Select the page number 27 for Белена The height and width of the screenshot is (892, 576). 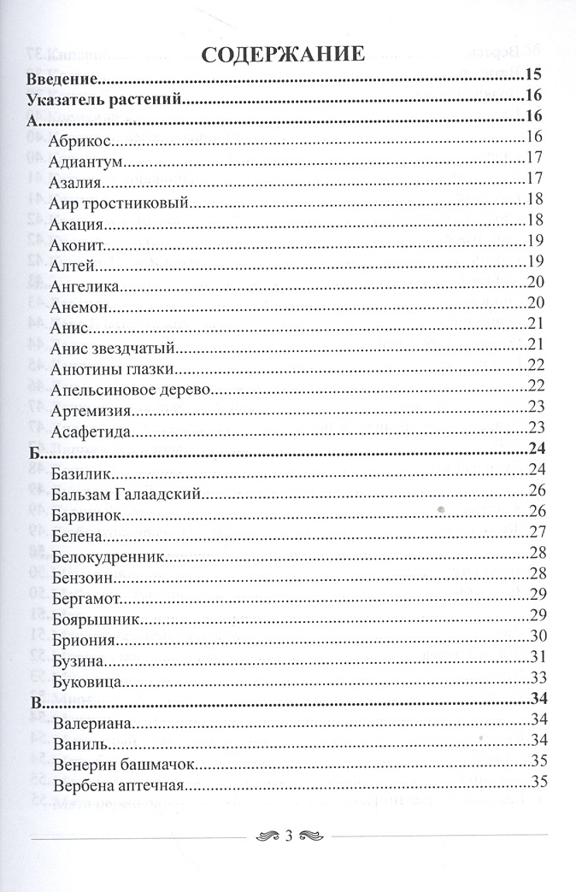[x=537, y=533]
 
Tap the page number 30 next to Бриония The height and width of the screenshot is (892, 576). [x=537, y=636]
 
